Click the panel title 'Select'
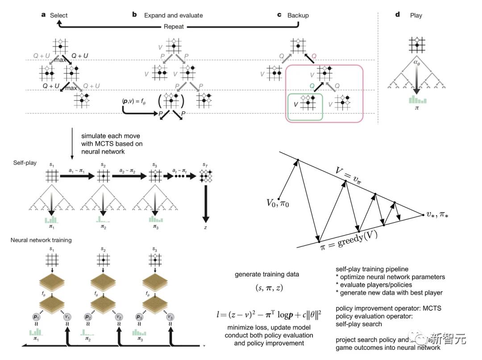pyautogui.click(x=58, y=15)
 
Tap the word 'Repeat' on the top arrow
pyautogui.click(x=173, y=26)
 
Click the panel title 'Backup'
pyautogui.click(x=298, y=15)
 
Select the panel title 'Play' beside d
pyautogui.click(x=416, y=15)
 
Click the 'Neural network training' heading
pyautogui.click(x=42, y=240)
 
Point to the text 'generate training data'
pyautogui.click(x=267, y=274)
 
